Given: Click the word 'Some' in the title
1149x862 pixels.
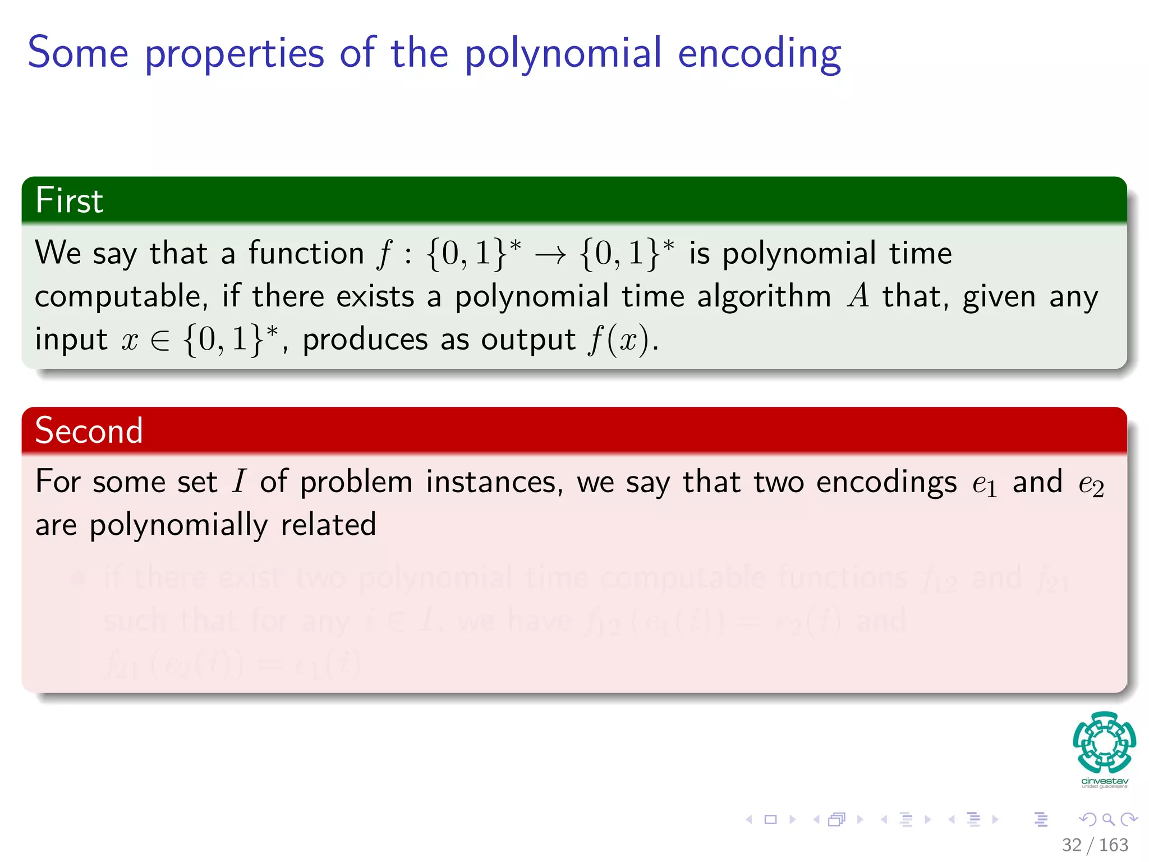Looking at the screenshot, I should pos(78,53).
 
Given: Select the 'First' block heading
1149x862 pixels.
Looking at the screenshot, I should pos(69,200).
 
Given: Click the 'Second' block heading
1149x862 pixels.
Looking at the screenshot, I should pos(89,430).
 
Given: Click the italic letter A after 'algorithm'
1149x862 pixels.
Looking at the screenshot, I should pos(858,296).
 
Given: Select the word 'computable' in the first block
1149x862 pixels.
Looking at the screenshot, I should pos(118,297).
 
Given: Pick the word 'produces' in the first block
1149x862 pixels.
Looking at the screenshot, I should pos(365,340).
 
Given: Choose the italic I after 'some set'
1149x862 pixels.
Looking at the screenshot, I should pos(239,482).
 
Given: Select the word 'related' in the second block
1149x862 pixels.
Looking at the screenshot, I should pos(328,525).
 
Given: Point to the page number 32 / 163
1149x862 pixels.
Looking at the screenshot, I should pos(1095,845).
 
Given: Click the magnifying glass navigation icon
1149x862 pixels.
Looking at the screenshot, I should pos(1107,819).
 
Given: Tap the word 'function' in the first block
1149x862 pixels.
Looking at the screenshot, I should pos(306,253).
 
